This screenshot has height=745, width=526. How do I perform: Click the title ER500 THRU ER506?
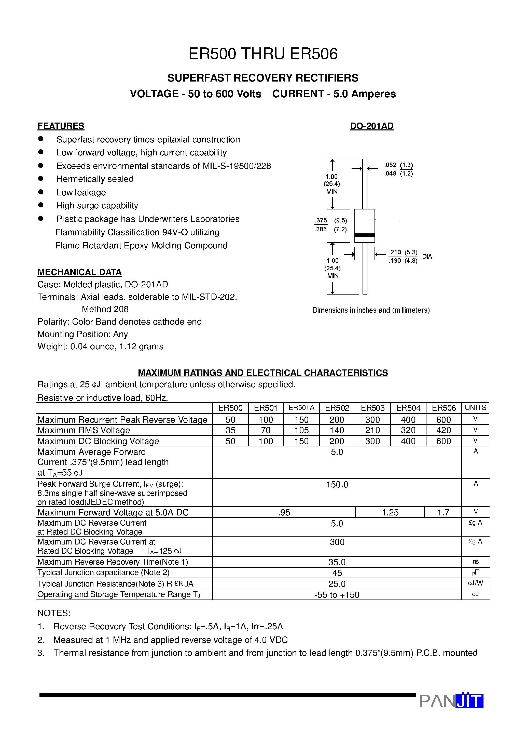(263, 54)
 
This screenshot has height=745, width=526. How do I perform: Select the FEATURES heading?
(61, 126)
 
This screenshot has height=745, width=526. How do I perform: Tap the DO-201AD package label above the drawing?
(372, 126)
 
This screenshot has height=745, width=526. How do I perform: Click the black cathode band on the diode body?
(365, 235)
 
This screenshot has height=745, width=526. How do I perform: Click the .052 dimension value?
(391, 165)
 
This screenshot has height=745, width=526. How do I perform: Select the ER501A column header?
(301, 408)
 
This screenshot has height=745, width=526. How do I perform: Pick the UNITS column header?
(475, 408)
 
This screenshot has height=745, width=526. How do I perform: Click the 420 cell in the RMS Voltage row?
(443, 430)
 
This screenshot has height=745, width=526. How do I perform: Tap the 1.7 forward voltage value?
(443, 513)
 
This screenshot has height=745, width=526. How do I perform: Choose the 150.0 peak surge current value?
(337, 485)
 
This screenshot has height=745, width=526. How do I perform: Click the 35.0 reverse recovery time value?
(337, 562)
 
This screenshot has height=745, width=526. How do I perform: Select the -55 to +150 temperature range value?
(337, 595)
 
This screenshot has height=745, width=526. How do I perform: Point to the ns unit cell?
(475, 562)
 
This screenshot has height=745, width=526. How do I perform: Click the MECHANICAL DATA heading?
(79, 272)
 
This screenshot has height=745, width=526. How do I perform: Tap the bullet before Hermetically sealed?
(41, 178)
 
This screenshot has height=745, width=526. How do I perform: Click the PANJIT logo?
(451, 701)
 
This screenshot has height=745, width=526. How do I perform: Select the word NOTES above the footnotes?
(54, 613)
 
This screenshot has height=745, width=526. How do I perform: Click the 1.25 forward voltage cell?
(390, 513)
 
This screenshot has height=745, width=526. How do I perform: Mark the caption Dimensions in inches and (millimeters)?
(371, 310)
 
